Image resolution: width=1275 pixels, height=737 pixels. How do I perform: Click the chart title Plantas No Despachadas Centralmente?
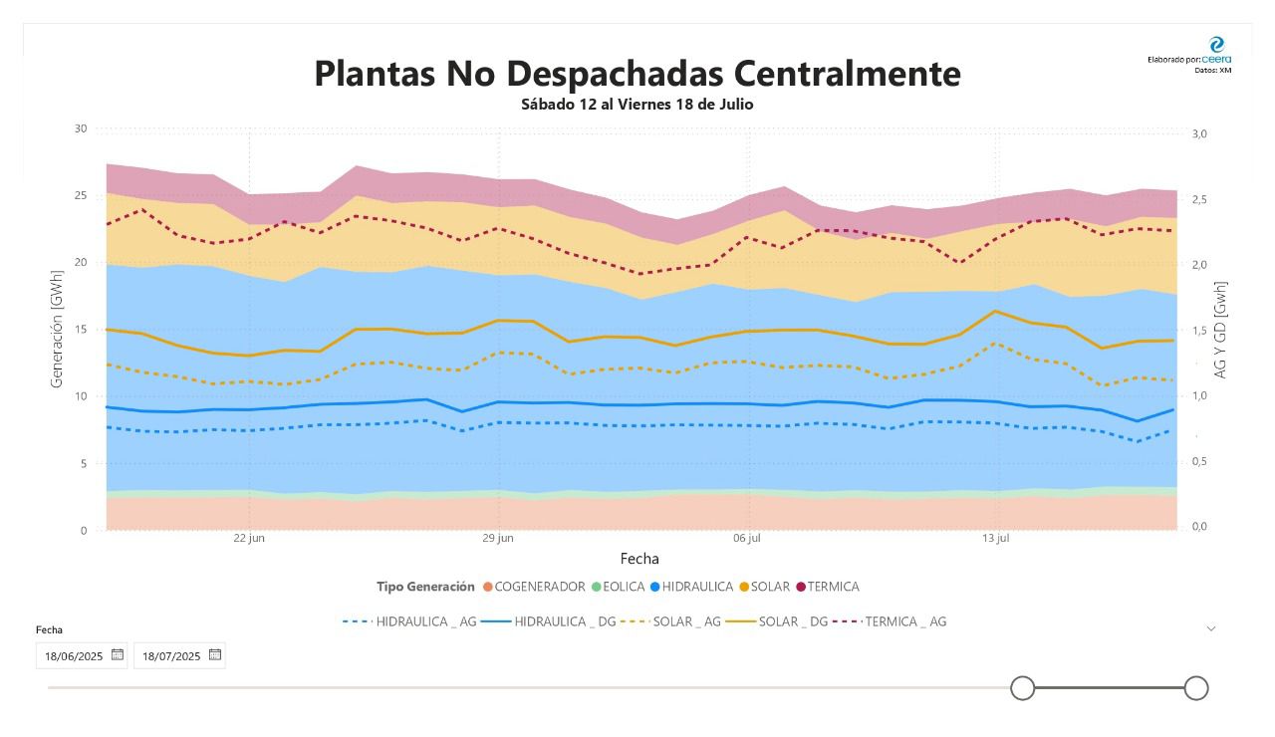pyautogui.click(x=637, y=74)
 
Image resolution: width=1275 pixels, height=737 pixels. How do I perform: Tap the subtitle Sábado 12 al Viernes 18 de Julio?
pyautogui.click(x=637, y=105)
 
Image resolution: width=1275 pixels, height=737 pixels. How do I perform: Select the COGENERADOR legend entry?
pyautogui.click(x=534, y=587)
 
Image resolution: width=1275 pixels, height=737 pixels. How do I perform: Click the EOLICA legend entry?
pyautogui.click(x=619, y=587)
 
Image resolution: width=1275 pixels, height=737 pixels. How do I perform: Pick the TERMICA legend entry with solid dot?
pyautogui.click(x=828, y=587)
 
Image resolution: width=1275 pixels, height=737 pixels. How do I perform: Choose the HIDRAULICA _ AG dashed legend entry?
pyautogui.click(x=409, y=621)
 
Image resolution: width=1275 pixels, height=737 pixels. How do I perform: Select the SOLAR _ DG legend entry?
pyautogui.click(x=776, y=621)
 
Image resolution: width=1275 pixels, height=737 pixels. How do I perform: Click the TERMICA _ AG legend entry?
pyautogui.click(x=890, y=621)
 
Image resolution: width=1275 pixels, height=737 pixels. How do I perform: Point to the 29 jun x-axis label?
pyautogui.click(x=498, y=538)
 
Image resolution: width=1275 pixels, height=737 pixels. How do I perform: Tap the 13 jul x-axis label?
pyautogui.click(x=995, y=538)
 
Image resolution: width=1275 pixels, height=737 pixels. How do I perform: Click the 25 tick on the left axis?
pyautogui.click(x=81, y=195)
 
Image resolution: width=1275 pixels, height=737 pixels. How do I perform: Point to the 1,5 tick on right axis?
pyautogui.click(x=1199, y=331)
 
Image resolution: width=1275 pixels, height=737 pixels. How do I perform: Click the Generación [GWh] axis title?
pyautogui.click(x=56, y=329)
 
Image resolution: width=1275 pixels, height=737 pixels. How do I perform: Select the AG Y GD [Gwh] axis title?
pyautogui.click(x=1220, y=330)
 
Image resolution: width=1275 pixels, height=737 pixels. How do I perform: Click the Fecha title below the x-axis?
pyautogui.click(x=639, y=559)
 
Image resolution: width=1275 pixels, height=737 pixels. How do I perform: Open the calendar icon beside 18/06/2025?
pyautogui.click(x=118, y=654)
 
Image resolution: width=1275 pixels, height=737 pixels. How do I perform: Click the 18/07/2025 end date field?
pyautogui.click(x=179, y=655)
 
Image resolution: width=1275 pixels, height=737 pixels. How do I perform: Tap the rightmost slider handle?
pyautogui.click(x=1196, y=687)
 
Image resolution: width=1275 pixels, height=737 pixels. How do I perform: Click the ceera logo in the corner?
pyautogui.click(x=1217, y=45)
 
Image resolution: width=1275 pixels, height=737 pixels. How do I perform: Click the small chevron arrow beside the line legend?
pyautogui.click(x=1211, y=628)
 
